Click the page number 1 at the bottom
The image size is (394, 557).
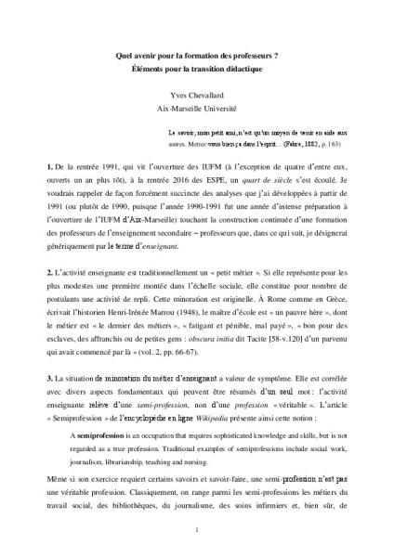point(197,529)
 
